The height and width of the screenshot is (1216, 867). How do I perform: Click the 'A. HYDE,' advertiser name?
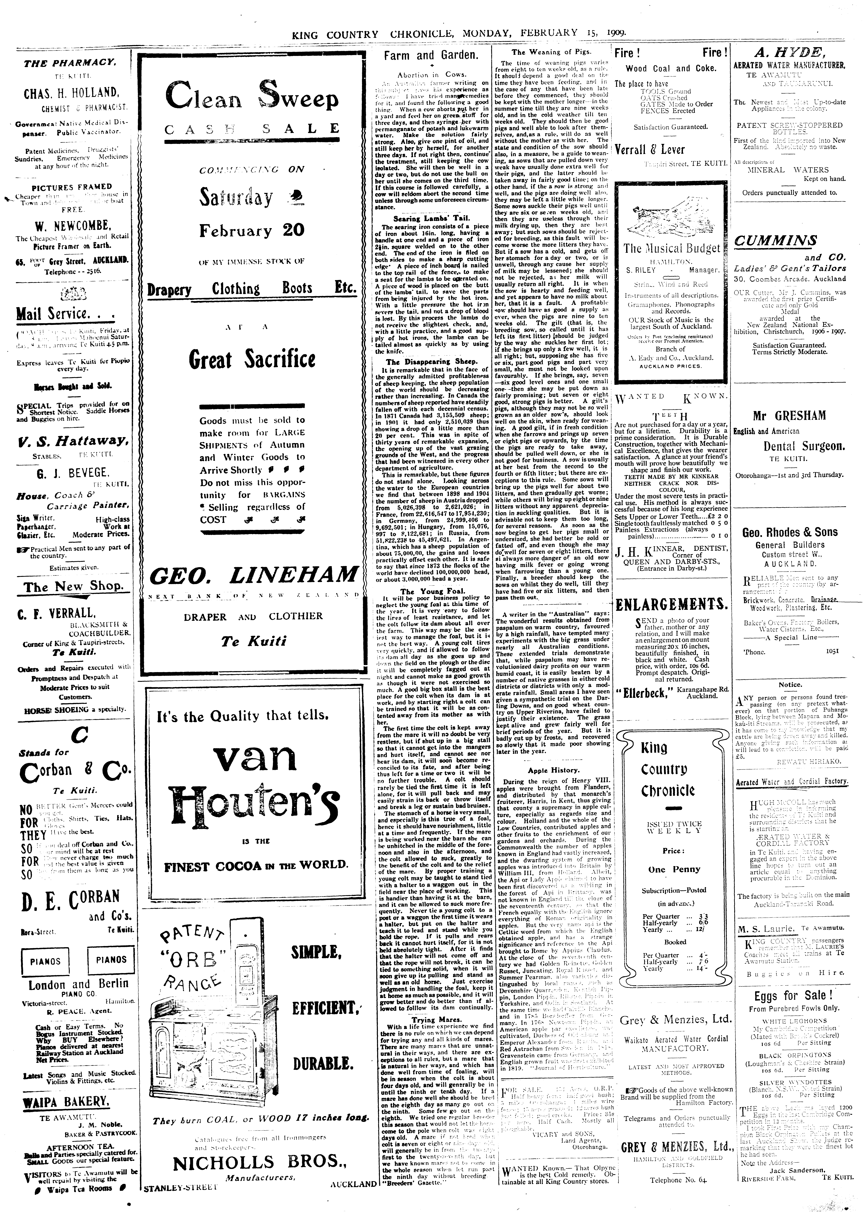pos(790,52)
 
